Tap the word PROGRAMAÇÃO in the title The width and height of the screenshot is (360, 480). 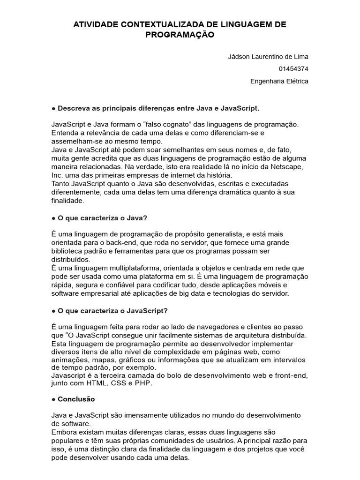(x=180, y=35)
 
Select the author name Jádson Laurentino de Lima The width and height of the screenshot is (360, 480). (x=268, y=57)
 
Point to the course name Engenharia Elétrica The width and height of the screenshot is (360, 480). (x=279, y=81)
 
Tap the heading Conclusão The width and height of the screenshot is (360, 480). (x=76, y=399)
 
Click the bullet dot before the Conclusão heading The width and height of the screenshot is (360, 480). (x=54, y=399)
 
